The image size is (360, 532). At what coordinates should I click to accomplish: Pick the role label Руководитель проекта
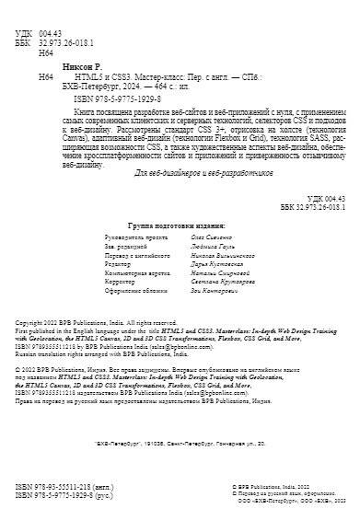[x=132, y=237]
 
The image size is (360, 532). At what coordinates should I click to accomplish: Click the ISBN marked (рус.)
[x=62, y=518]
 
